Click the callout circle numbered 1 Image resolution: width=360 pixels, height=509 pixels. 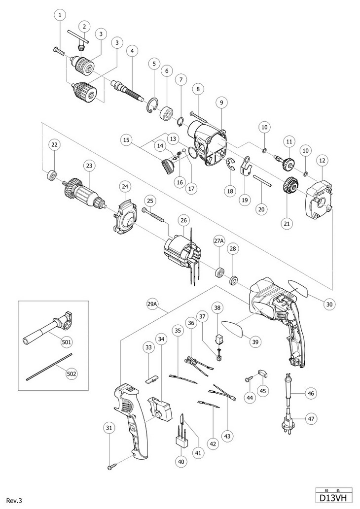[60, 15]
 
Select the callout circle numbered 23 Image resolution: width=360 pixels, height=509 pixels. [89, 166]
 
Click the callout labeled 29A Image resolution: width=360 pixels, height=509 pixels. [152, 305]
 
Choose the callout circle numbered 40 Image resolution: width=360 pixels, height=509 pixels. [181, 461]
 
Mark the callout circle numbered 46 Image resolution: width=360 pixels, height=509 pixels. [311, 393]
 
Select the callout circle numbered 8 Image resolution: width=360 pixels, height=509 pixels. [198, 89]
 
